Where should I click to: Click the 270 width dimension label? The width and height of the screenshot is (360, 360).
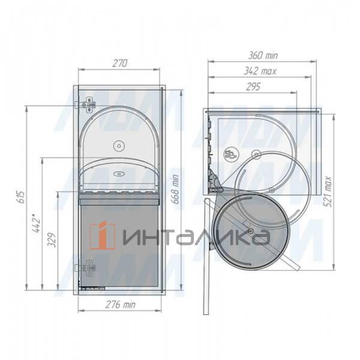pyautogui.click(x=119, y=63)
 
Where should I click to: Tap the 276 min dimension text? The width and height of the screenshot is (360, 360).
pyautogui.click(x=121, y=304)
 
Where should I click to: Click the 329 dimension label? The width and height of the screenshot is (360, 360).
pyautogui.click(x=52, y=240)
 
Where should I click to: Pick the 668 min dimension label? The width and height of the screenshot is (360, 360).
pyautogui.click(x=175, y=189)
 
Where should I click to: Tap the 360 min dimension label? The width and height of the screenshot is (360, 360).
pyautogui.click(x=263, y=56)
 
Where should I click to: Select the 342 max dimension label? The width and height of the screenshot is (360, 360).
pyautogui.click(x=260, y=71)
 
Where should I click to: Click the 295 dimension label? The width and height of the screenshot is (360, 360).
pyautogui.click(x=253, y=87)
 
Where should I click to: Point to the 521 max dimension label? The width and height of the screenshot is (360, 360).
pyautogui.click(x=329, y=191)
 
